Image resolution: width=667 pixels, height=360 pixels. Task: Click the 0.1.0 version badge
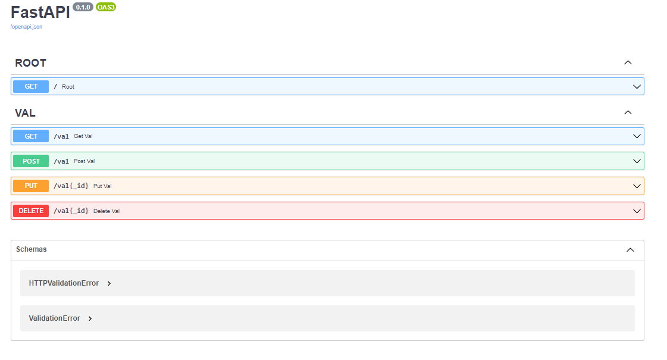coord(83,7)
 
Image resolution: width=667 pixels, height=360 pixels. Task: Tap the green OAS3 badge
coord(106,7)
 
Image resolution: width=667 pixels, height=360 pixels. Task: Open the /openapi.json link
coord(26,27)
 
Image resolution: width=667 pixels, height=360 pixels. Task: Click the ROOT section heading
coord(30,63)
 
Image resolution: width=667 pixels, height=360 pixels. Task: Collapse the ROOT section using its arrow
coord(628,62)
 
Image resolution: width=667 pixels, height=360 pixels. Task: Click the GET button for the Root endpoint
coord(31,86)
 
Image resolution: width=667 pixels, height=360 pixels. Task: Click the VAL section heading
coord(25,113)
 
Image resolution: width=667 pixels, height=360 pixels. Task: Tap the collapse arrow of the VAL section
coord(628,112)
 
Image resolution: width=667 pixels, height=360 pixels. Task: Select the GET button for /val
coord(31,136)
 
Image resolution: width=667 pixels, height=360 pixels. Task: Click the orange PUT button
coord(31,186)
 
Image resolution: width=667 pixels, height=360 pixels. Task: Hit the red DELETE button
coord(31,211)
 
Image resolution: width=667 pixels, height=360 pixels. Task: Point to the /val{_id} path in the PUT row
coord(71,186)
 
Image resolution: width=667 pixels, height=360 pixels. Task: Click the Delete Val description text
coord(107,211)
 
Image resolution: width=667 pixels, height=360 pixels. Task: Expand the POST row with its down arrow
coord(637,161)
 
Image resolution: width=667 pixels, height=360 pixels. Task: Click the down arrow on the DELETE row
coord(637,211)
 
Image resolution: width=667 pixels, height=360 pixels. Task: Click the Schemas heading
coord(32,249)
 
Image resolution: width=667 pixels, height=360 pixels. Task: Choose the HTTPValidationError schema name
coord(64,283)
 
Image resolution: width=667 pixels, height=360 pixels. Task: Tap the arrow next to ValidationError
coord(90,318)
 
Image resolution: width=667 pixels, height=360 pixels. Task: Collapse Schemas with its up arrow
coord(631,250)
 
